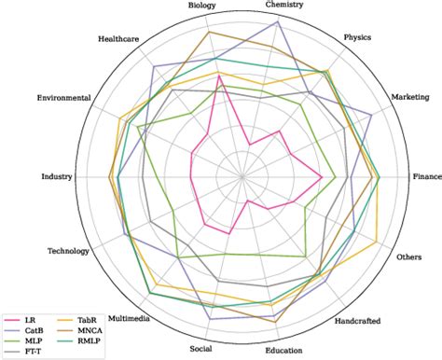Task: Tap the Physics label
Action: click(x=357, y=38)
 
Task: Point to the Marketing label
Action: click(x=409, y=97)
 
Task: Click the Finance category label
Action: click(x=427, y=176)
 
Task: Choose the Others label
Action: click(x=409, y=256)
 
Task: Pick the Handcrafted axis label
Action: click(x=357, y=321)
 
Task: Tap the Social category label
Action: click(x=200, y=349)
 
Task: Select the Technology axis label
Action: click(x=68, y=251)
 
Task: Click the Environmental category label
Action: click(x=63, y=98)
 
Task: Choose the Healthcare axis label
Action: click(x=119, y=39)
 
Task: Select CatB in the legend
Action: click(x=34, y=330)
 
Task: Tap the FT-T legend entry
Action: click(x=33, y=351)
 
